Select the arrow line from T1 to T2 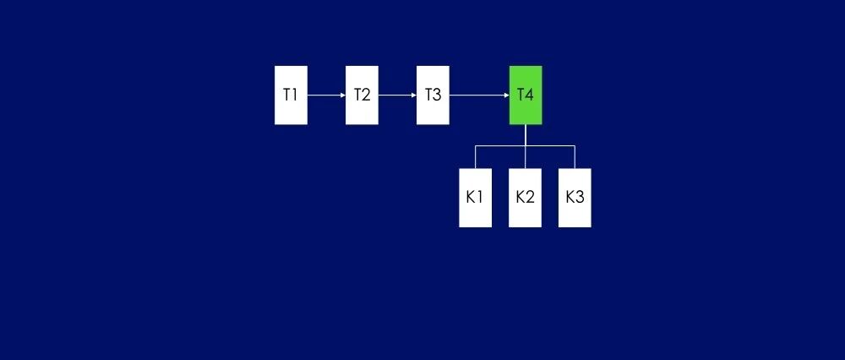[324, 95]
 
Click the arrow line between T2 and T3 [395, 95]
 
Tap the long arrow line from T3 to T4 [477, 95]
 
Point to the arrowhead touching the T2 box [343, 95]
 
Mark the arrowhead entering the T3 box [414, 95]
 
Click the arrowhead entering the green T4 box [507, 95]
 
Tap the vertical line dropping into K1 [475, 157]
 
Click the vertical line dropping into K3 [575, 157]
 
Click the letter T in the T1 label [286, 95]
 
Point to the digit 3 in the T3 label [437, 95]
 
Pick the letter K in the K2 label [521, 197]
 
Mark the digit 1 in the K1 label [479, 197]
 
